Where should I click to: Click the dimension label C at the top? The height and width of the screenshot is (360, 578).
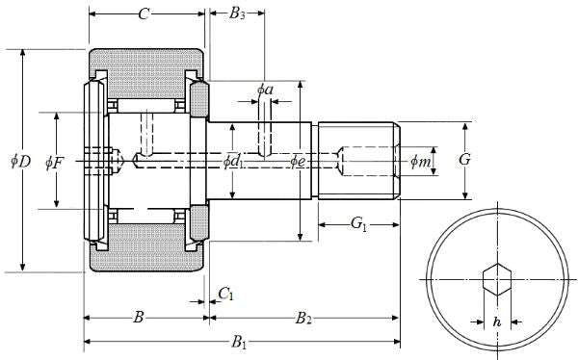pos(144,14)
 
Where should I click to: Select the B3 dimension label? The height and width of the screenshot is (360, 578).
pos(237,13)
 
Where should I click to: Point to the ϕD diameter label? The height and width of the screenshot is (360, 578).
pos(20,161)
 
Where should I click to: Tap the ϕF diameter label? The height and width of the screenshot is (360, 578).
pos(55,163)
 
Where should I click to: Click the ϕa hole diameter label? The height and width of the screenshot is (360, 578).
pos(265,90)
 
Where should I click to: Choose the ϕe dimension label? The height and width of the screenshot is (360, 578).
pos(297,161)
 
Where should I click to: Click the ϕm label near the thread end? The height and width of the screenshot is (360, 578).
pos(421,162)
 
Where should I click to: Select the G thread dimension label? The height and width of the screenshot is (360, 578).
pos(465,160)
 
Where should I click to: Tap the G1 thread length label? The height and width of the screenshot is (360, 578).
pos(358,223)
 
